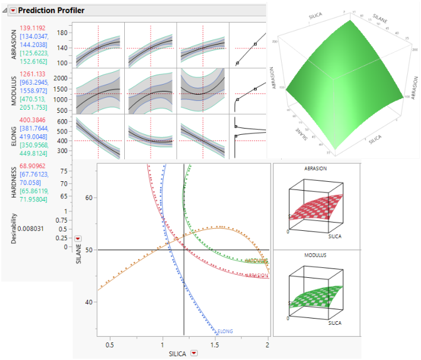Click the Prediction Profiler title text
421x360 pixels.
pyautogui.click(x=51, y=10)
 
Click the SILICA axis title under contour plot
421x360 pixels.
pyautogui.click(x=178, y=354)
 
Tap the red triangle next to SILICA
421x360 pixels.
pyautogui.click(x=194, y=354)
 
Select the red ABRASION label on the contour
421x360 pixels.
pyautogui.click(x=258, y=275)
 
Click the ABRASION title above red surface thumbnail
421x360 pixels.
pyautogui.click(x=315, y=169)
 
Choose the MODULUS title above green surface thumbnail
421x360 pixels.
pyautogui.click(x=315, y=257)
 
